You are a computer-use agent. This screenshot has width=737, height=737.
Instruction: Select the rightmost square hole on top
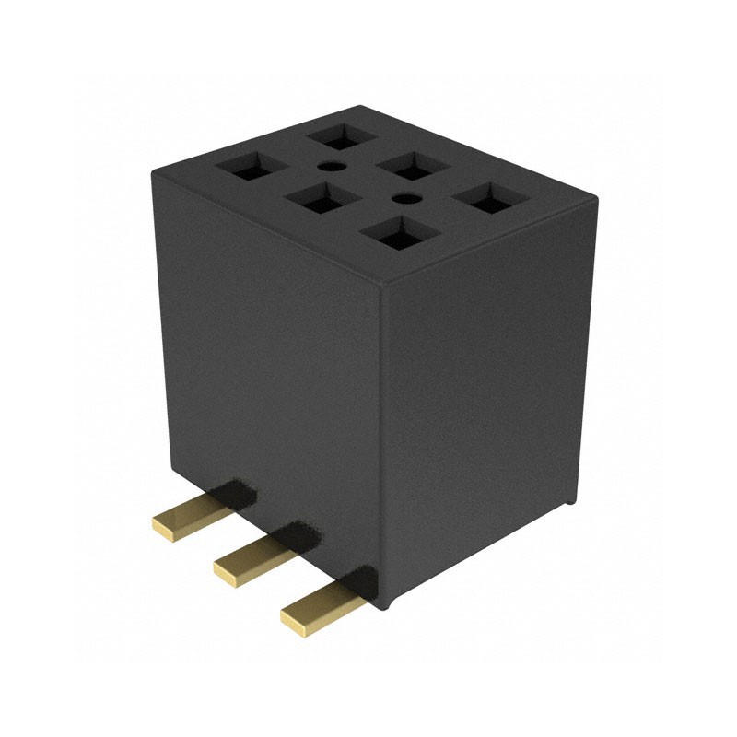[487, 197]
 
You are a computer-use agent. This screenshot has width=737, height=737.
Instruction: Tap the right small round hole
[403, 198]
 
